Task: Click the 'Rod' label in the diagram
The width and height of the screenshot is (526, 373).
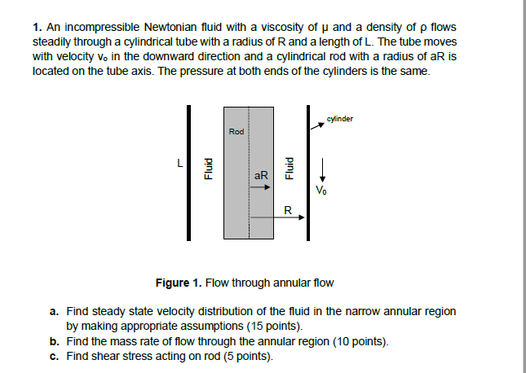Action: [x=236, y=131]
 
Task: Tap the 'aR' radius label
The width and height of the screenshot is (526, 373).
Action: [x=261, y=175]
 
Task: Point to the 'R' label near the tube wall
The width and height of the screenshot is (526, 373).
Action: [x=287, y=209]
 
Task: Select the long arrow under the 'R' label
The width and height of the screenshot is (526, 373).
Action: [x=278, y=217]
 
